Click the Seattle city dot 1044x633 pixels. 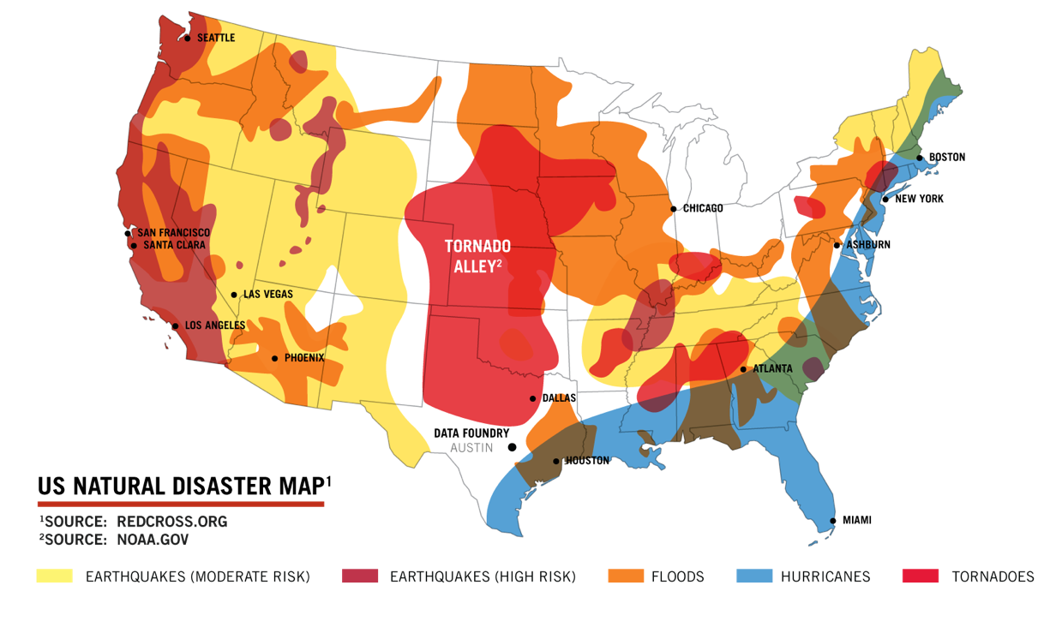(x=188, y=38)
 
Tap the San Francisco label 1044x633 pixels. (x=173, y=232)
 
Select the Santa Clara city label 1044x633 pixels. (x=171, y=245)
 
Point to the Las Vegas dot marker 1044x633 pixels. (x=234, y=295)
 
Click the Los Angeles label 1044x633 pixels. (x=215, y=325)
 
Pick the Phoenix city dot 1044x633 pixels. (x=274, y=358)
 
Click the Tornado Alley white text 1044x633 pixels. (x=477, y=256)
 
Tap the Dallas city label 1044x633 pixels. (x=559, y=398)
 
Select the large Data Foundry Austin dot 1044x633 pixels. (x=513, y=447)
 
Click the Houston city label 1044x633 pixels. (x=587, y=461)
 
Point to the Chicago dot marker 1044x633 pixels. (x=674, y=208)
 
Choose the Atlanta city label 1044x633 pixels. (x=772, y=369)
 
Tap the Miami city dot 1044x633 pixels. (x=833, y=521)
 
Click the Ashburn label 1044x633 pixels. (x=868, y=245)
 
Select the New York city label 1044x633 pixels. (x=919, y=199)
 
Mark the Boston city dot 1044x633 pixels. (x=920, y=158)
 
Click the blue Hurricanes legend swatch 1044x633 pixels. (x=754, y=576)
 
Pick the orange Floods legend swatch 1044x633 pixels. (x=626, y=576)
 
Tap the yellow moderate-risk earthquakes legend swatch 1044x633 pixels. (x=54, y=576)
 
